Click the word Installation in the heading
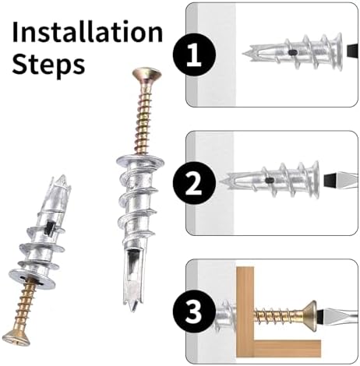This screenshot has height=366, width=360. point(87,32)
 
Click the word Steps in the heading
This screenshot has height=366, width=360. point(48,64)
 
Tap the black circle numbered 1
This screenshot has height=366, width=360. point(194,55)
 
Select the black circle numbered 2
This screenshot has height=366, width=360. point(194,183)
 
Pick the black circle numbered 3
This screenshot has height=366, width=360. point(194,311)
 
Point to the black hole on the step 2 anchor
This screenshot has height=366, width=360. point(270,181)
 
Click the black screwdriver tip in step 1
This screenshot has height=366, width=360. point(353,51)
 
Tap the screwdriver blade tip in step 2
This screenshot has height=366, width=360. point(330,179)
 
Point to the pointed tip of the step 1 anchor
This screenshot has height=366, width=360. point(244,54)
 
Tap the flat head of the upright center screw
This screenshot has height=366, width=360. point(146,74)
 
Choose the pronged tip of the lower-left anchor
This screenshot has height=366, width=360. point(62,182)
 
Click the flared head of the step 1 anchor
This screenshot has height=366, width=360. point(338,51)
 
